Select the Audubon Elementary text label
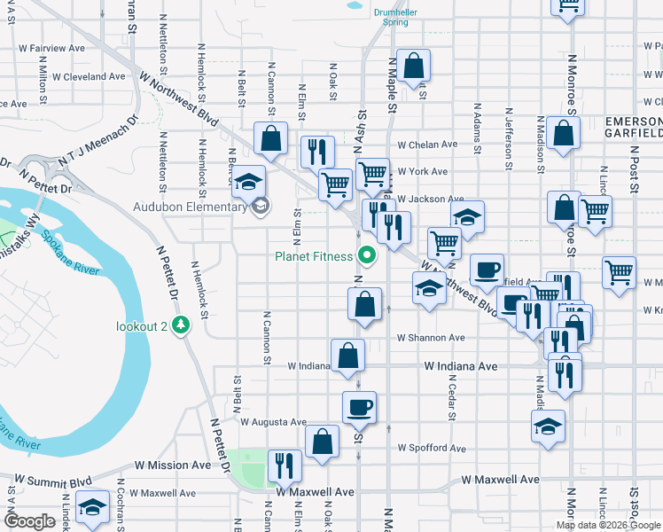pyautogui.click(x=195, y=207)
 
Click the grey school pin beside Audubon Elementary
pyautogui.click(x=260, y=207)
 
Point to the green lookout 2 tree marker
pyautogui.click(x=181, y=325)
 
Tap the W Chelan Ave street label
pyautogui.click(x=427, y=145)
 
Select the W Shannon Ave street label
pyautogui.click(x=431, y=338)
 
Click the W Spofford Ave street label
pyautogui.click(x=431, y=449)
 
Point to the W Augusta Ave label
pyautogui.click(x=273, y=422)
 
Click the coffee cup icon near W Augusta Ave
pyautogui.click(x=359, y=407)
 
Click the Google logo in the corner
pyautogui.click(x=29, y=521)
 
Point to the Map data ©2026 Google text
pyautogui.click(x=608, y=525)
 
